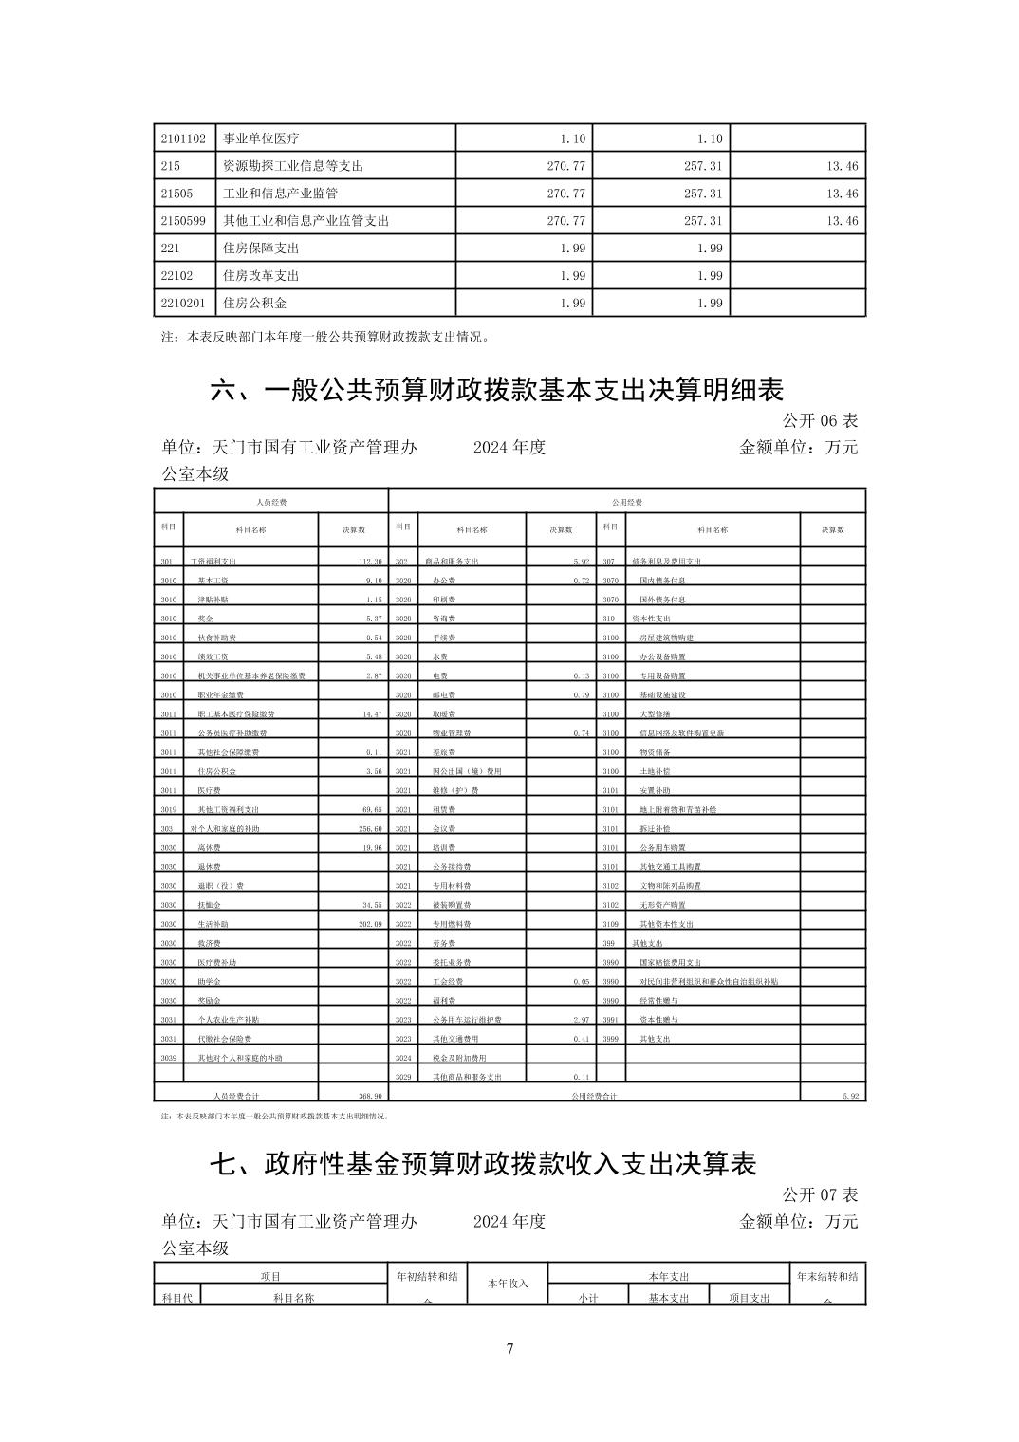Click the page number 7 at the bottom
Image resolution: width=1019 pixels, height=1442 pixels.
[509, 1348]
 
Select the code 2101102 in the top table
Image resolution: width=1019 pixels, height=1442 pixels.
[183, 139]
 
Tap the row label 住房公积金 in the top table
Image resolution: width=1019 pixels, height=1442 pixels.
[254, 303]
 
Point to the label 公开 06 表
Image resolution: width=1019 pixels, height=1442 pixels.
[820, 420]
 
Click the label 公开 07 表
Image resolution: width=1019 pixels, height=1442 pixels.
[820, 1194]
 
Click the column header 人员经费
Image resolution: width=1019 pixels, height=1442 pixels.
[271, 501]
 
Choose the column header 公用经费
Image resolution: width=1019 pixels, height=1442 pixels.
[627, 501]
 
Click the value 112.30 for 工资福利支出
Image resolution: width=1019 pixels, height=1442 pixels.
[368, 562]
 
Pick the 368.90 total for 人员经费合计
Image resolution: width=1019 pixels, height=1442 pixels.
[368, 1096]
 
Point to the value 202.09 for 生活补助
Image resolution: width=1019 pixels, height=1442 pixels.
[369, 924]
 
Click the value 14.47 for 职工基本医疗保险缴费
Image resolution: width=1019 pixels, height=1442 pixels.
[370, 714]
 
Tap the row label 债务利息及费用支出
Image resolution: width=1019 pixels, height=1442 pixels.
[666, 562]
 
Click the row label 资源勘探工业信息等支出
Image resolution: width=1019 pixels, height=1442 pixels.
[292, 166]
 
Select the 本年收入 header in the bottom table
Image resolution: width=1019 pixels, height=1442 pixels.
[508, 1284]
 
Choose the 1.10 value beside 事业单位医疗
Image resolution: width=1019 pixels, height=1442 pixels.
[573, 139]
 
